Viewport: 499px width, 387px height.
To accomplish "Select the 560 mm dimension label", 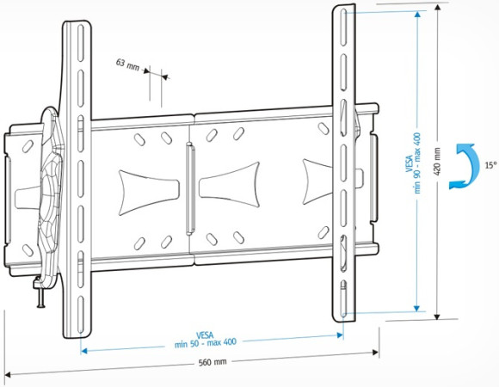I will point(212,362).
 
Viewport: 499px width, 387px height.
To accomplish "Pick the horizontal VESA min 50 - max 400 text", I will point(213,338).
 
